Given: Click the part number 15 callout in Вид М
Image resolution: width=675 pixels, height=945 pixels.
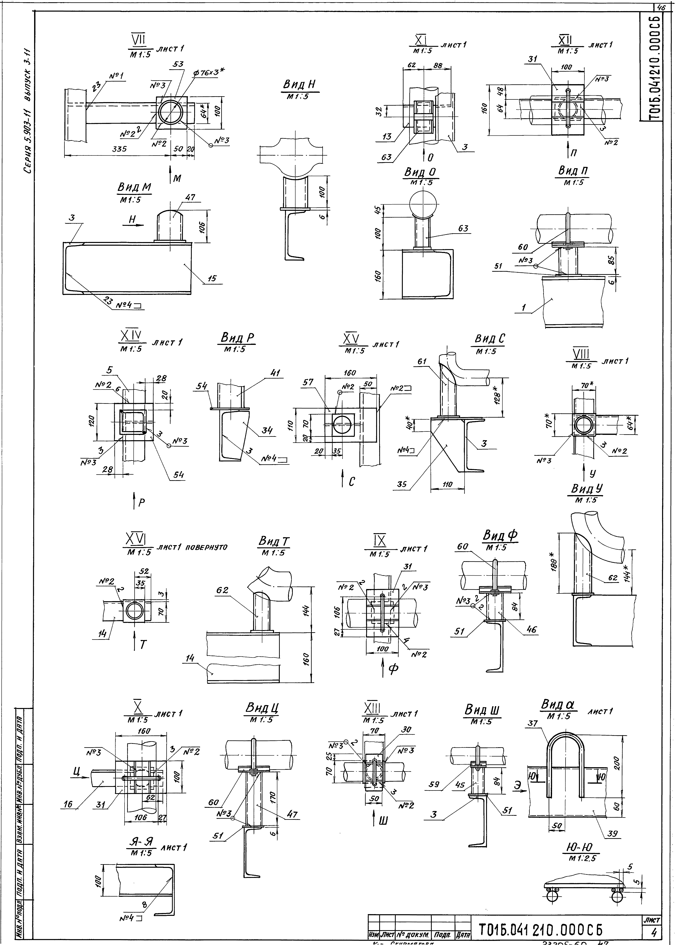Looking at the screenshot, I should [212, 278].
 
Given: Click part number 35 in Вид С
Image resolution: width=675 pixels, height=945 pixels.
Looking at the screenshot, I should [402, 484].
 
